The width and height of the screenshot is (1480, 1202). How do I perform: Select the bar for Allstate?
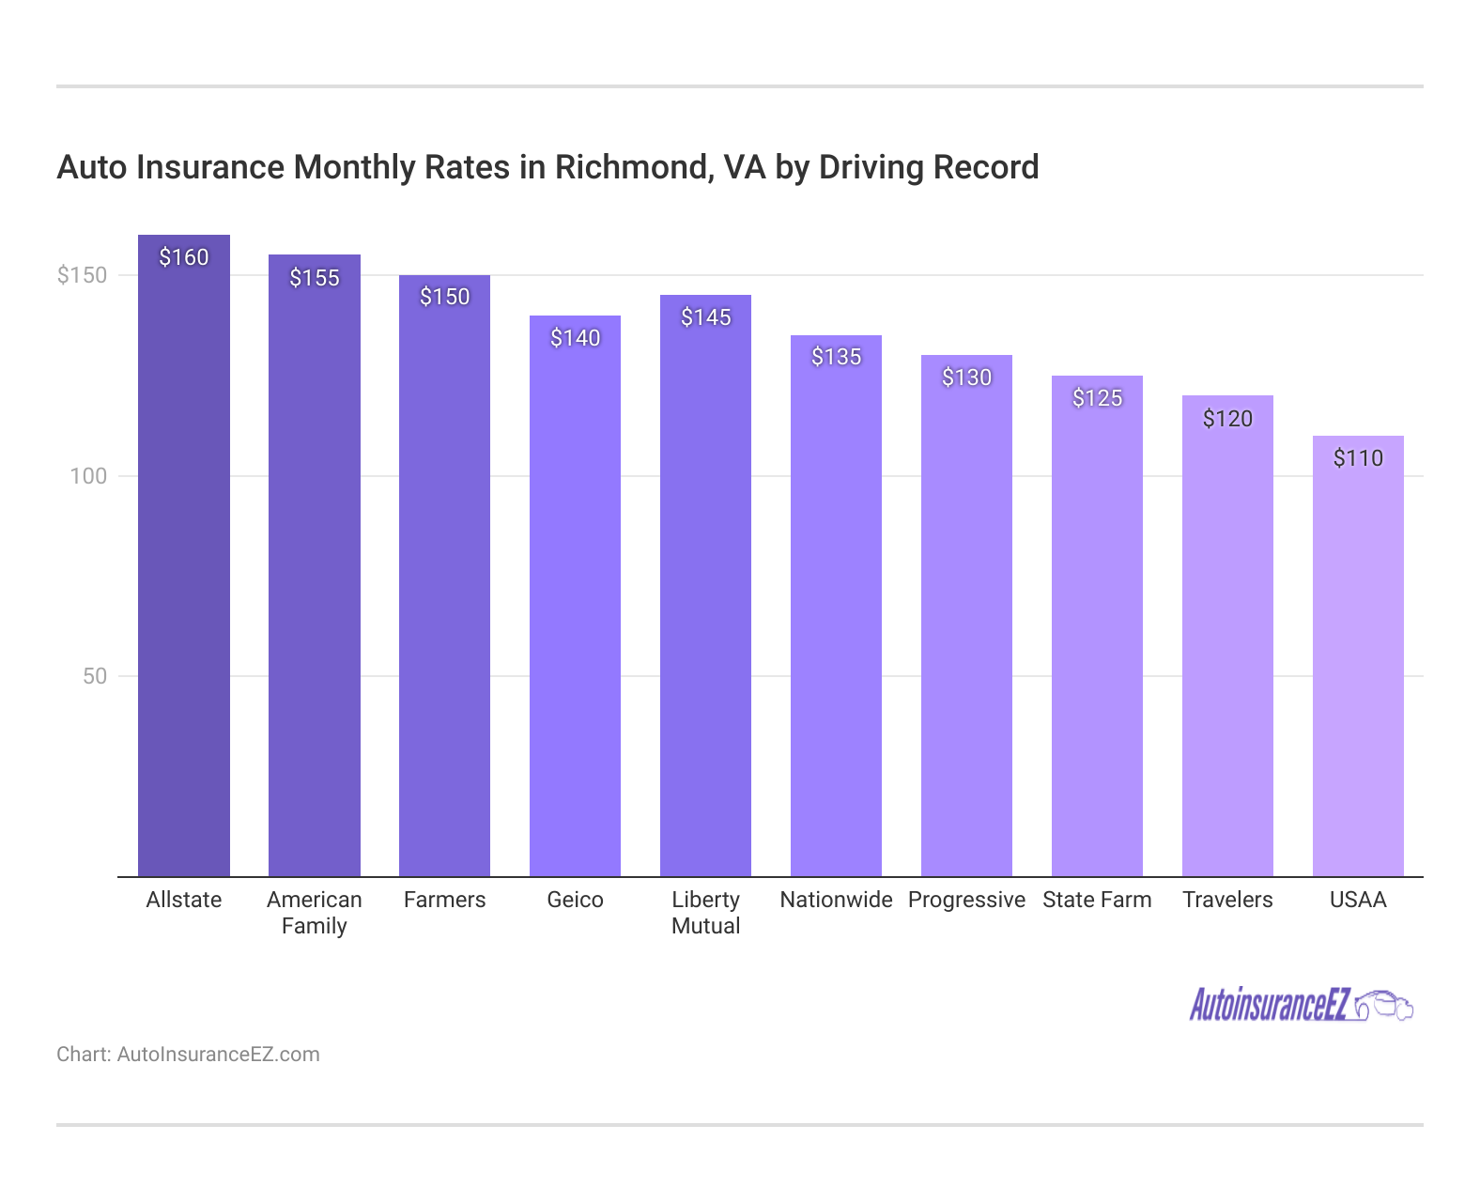pos(184,563)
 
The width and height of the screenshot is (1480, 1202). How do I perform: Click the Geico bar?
pos(575,601)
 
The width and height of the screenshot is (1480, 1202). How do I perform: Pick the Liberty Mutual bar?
pos(705,592)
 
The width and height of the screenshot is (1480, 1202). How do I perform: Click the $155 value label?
pos(315,278)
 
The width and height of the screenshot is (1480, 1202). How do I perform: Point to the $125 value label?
pos(1097,398)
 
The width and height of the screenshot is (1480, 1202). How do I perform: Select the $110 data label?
pos(1358,458)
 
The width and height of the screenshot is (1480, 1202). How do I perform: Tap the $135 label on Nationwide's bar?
pos(836,357)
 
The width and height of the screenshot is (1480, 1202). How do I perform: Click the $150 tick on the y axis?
pos(83,275)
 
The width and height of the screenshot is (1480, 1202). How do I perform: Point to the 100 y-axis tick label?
pos(88,476)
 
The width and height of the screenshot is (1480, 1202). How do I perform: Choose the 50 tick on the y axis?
pos(95,676)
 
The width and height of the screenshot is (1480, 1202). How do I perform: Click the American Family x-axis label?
pos(315,913)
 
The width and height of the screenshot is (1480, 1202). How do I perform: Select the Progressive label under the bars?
pos(966,900)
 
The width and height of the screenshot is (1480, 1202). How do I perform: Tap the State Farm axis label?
pos(1097,900)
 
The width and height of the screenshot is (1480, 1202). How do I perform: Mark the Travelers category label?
pos(1227,900)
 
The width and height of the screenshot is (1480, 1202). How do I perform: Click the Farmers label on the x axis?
pos(444,900)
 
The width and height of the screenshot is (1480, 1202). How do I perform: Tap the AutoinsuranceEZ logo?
pos(1270,1005)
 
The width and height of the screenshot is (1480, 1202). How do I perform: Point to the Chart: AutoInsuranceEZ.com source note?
pos(188,1055)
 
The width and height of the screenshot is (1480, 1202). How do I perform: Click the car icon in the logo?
pos(1385,1005)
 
